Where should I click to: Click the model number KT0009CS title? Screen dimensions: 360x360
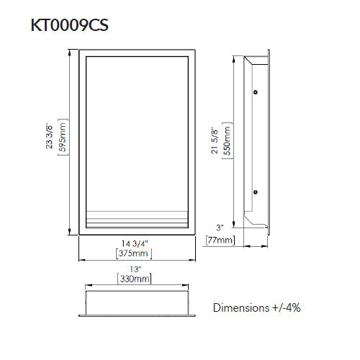(x=70, y=24)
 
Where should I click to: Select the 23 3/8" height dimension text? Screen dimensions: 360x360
(x=50, y=134)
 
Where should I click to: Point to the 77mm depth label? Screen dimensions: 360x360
(x=219, y=239)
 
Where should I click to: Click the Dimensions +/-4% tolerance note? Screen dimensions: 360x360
(x=256, y=307)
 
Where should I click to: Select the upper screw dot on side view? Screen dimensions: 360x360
(x=256, y=91)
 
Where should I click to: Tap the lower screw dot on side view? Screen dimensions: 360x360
(x=256, y=191)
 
